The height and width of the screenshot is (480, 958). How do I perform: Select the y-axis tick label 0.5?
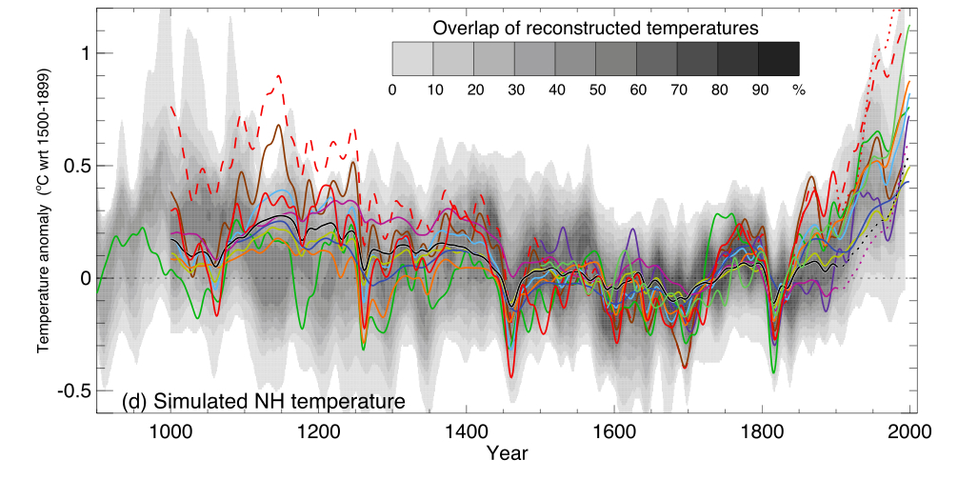coord(78,166)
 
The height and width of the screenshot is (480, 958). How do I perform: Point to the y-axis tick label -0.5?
coord(76,390)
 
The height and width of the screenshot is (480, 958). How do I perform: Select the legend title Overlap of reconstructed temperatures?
coord(595,29)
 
